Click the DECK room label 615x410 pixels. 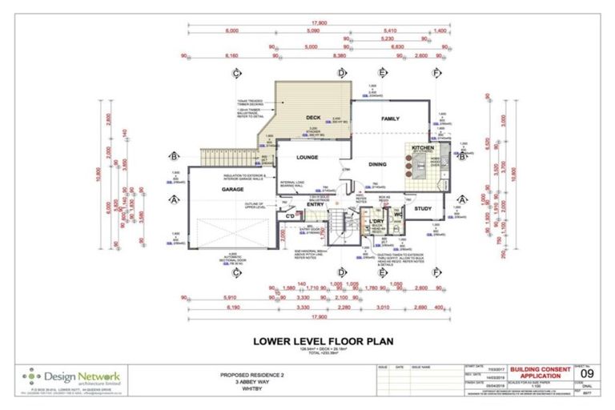pos(312,117)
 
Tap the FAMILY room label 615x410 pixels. pos(390,119)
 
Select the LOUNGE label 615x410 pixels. pos(307,158)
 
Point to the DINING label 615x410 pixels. pos(377,165)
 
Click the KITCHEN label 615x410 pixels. pos(423,149)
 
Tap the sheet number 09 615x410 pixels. pos(588,374)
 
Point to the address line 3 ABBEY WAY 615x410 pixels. pos(252,381)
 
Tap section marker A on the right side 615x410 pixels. pos(461,199)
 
